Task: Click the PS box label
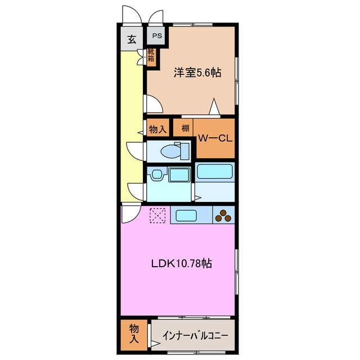click(155, 35)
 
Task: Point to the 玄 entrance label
click(131, 39)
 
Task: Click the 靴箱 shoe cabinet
click(151, 55)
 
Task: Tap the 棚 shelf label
click(184, 128)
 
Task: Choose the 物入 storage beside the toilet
click(157, 129)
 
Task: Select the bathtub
click(214, 172)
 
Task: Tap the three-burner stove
click(224, 215)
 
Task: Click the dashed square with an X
click(157, 215)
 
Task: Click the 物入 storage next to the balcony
click(133, 333)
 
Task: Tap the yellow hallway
click(132, 124)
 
